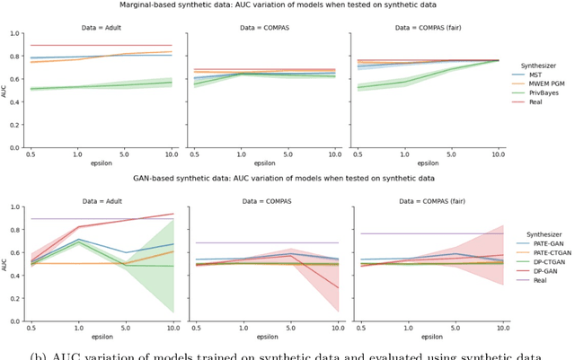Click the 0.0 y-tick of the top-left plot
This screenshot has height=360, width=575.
[18, 147]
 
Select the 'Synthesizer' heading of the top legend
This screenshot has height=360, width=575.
[542, 64]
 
